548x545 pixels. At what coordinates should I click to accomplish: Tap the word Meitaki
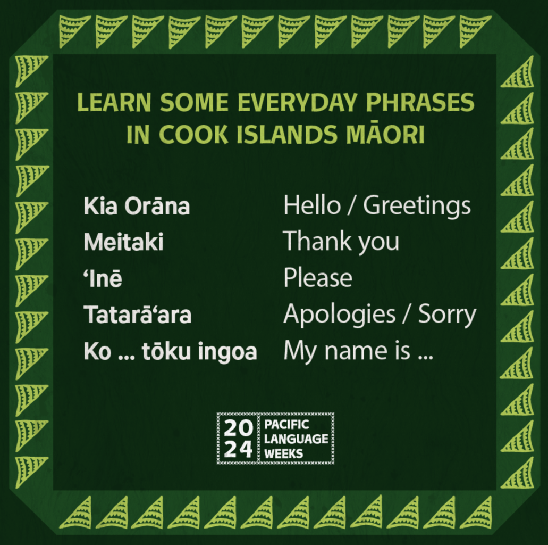coord(124,242)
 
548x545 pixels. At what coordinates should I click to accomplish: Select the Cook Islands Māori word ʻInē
coord(103,278)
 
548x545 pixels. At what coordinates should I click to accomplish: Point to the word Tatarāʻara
coord(137,315)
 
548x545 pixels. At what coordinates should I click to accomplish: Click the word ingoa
coord(227,352)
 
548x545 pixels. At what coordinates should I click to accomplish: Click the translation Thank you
coord(341,242)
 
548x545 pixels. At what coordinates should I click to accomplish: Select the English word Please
coord(318,278)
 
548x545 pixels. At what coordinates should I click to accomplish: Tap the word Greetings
coord(417,206)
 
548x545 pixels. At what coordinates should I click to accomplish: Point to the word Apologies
coord(339,315)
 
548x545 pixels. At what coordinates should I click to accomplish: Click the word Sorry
coord(448,315)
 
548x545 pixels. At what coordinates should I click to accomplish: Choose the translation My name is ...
coord(347,351)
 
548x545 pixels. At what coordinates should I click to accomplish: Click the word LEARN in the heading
coord(114,102)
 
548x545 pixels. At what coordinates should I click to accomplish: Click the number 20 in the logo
coord(238,427)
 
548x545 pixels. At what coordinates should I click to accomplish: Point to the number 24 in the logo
coord(238,449)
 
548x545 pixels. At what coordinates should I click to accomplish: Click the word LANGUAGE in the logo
coord(296,439)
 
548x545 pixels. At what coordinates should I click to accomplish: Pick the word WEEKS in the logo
coord(283,454)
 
